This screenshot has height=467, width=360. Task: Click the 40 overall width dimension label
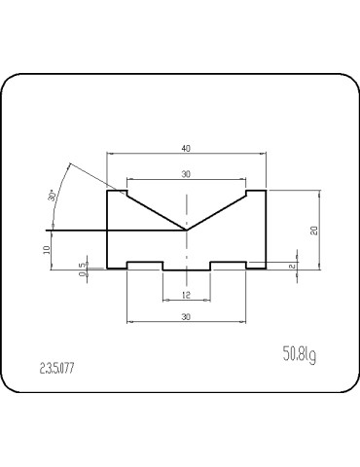point(186,149)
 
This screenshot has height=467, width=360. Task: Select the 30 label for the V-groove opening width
point(186,174)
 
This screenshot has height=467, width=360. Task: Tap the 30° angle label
point(53,196)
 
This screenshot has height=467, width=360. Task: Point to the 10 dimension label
point(47,249)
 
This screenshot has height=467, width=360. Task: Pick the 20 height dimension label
point(314,230)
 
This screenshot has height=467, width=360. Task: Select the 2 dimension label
point(292,266)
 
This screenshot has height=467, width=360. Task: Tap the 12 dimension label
point(186,295)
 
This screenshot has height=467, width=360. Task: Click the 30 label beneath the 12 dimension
point(186,316)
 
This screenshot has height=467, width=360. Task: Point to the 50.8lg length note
point(300,354)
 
